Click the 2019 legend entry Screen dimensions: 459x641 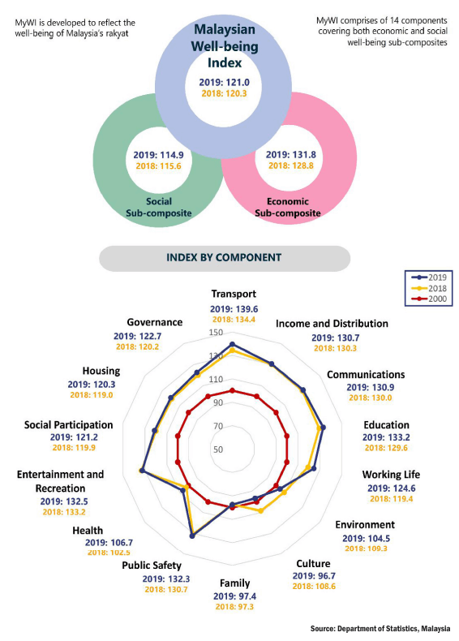(429, 277)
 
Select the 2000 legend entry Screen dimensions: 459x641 (429, 299)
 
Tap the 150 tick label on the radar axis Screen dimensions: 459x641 (216, 333)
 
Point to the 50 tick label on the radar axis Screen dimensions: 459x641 (218, 450)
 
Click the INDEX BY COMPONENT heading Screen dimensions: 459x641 (224, 257)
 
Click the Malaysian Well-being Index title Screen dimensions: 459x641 (225, 45)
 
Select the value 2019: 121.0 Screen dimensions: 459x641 (224, 82)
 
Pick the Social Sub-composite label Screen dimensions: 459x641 (159, 207)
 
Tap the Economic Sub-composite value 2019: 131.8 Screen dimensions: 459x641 (290, 155)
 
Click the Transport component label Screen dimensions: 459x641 (234, 294)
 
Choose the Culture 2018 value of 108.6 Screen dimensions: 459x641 (314, 586)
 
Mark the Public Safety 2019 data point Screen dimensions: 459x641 (192, 536)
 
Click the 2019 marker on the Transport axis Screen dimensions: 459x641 (233, 344)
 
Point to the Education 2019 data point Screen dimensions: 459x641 (323, 428)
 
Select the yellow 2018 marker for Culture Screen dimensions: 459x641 (261, 510)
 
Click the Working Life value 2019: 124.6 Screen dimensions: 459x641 (391, 488)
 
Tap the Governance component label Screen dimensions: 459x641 (155, 322)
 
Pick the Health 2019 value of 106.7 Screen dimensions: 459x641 (109, 543)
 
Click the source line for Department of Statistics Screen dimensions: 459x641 (380, 629)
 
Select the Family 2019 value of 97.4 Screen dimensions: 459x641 (234, 596)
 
